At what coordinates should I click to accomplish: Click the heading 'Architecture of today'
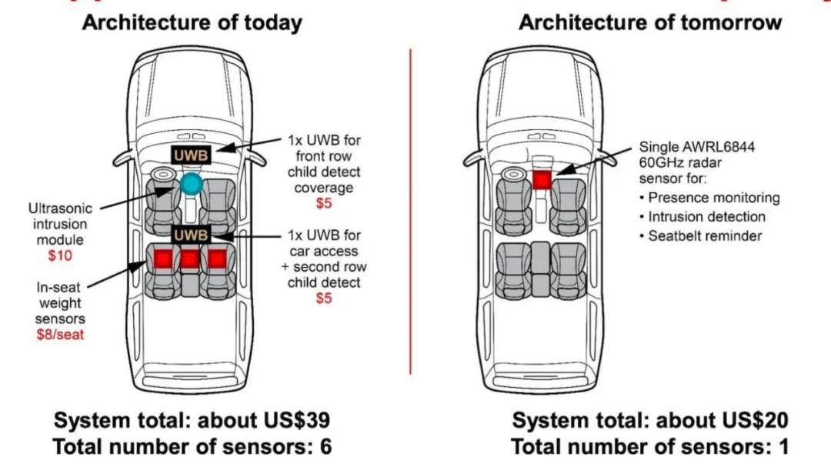(x=192, y=23)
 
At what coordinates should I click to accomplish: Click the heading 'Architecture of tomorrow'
(x=650, y=23)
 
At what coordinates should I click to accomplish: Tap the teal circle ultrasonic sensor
(x=191, y=183)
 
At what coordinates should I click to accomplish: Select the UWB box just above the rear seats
(x=191, y=234)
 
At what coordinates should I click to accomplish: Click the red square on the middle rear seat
(x=190, y=259)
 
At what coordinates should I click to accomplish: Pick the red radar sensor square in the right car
(x=542, y=179)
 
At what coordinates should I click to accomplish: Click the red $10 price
(x=60, y=255)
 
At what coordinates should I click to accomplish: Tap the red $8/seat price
(x=61, y=335)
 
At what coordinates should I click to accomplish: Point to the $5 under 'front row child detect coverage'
(x=324, y=205)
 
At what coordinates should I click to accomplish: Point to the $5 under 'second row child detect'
(x=324, y=299)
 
